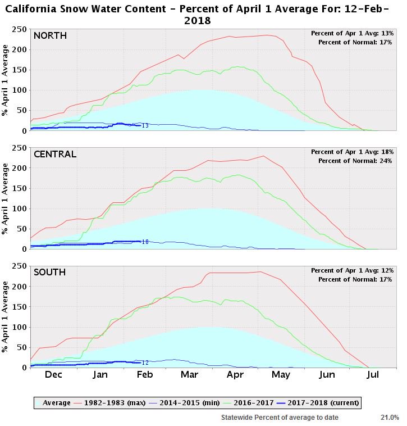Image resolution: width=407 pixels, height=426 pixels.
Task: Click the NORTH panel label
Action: tap(50, 36)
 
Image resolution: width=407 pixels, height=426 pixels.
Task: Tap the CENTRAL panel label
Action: tap(54, 154)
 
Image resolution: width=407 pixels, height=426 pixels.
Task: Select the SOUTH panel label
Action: tap(49, 272)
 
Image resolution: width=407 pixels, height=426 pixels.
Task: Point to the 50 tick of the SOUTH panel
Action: tap(22, 347)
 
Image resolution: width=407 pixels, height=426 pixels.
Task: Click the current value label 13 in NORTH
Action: tap(145, 126)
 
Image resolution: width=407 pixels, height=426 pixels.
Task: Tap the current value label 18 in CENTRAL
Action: tap(145, 242)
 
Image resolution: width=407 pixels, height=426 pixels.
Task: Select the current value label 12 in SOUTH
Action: tap(145, 363)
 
